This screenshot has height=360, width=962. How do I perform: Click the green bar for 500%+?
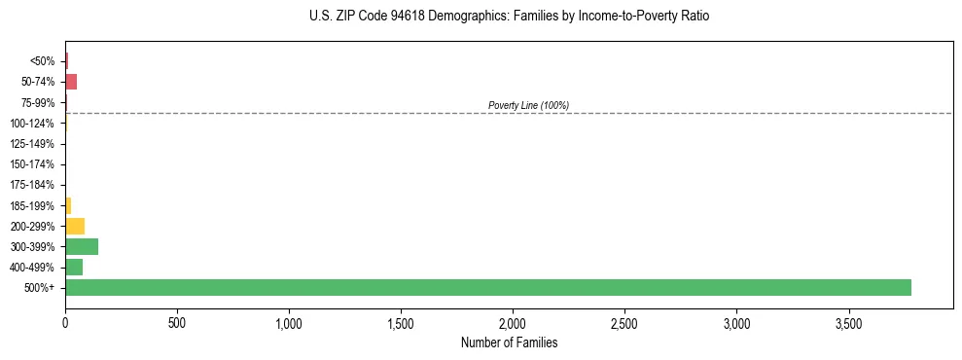[487, 287]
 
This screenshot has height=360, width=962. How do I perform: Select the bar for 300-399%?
[82, 246]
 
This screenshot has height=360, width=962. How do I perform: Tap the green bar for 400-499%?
[74, 267]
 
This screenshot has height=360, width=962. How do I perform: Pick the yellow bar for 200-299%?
[75, 226]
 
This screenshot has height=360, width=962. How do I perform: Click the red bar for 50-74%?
[71, 82]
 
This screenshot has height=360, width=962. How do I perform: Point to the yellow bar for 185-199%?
[68, 205]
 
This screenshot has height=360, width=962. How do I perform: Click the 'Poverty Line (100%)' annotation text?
[528, 105]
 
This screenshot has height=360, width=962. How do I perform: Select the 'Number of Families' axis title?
[509, 342]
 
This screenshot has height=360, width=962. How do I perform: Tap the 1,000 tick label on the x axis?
[289, 322]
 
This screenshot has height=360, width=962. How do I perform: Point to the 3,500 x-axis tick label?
[848, 322]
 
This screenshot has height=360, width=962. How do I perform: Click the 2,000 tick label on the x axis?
[513, 322]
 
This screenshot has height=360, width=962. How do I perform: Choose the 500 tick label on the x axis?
[177, 322]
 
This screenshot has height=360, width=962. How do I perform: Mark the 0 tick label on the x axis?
[65, 322]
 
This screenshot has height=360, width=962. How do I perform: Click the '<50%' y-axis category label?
[43, 61]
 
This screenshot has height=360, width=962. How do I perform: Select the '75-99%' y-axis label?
[39, 102]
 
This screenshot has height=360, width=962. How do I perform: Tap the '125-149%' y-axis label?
[34, 144]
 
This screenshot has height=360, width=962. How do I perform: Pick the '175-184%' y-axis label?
[34, 185]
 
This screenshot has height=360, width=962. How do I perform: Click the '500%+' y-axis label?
[40, 288]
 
